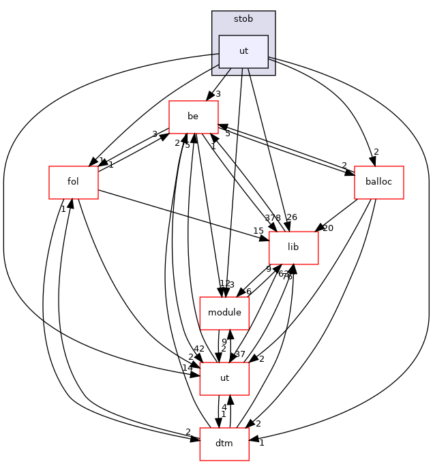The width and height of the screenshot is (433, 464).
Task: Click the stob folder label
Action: (243, 19)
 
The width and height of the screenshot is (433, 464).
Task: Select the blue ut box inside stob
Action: (243, 51)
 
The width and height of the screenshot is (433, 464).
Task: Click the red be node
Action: (193, 117)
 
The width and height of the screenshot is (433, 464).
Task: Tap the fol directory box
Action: (73, 183)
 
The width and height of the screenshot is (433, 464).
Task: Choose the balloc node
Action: (379, 183)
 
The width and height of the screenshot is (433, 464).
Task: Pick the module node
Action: (224, 313)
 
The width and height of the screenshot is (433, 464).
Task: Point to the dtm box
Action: (224, 444)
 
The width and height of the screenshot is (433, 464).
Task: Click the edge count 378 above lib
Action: (273, 217)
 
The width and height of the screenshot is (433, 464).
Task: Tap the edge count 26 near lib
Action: (292, 217)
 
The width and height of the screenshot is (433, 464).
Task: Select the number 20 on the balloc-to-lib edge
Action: (328, 228)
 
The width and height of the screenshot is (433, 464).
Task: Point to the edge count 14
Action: (187, 368)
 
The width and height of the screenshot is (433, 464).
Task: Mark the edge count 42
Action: (198, 349)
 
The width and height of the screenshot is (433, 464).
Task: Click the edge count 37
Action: (240, 354)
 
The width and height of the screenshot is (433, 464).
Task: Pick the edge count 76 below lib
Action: (287, 276)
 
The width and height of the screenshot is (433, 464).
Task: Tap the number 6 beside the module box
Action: (248, 292)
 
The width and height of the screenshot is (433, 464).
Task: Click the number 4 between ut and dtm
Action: (224, 407)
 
